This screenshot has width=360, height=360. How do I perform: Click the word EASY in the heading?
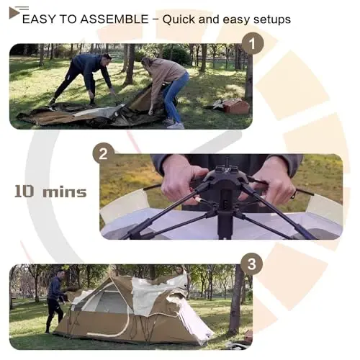coord(37,19)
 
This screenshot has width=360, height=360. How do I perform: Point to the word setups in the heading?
coord(271,19)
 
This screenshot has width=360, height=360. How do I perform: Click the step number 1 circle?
coord(251,44)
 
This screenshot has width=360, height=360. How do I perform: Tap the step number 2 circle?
coord(103,153)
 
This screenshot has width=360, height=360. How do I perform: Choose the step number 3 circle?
coord(251,264)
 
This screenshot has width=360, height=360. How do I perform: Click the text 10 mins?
coord(50,192)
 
